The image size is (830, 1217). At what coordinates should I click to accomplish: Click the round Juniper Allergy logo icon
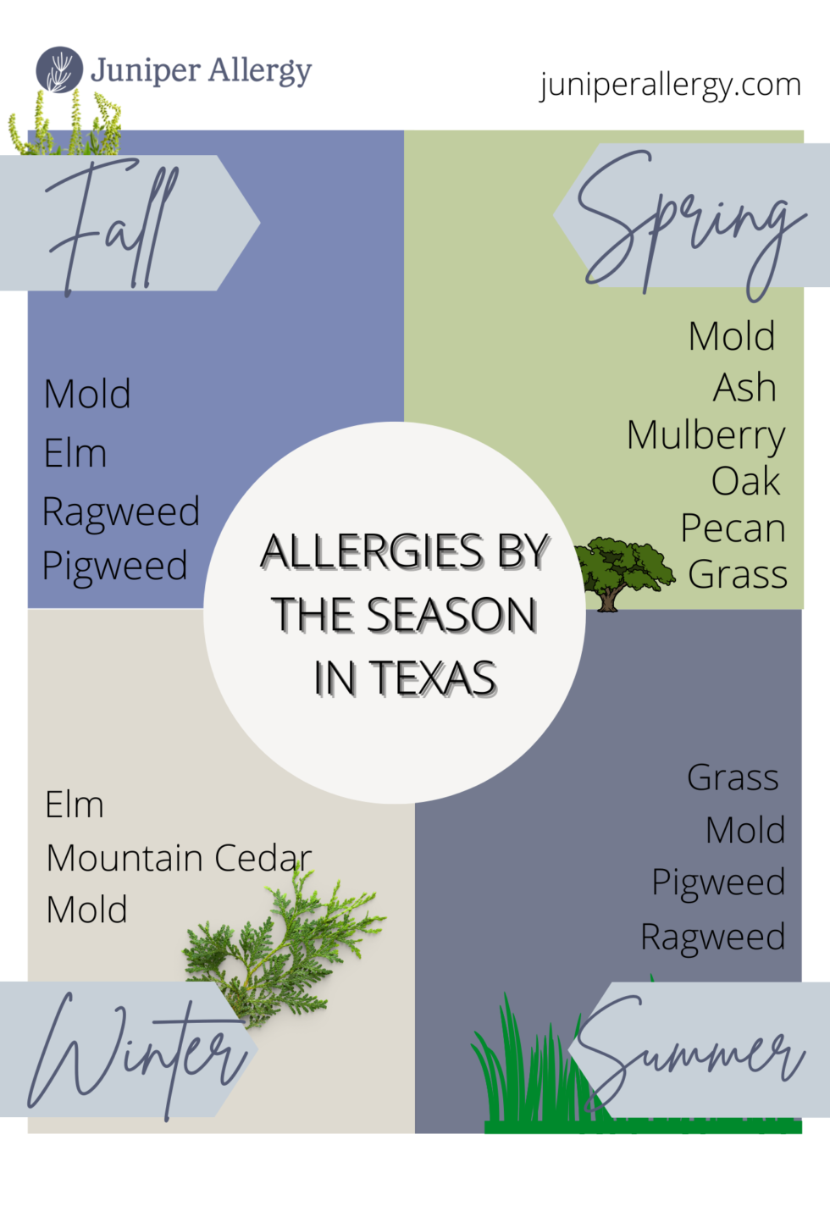pos(59,69)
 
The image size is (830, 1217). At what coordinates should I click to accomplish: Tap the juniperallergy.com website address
pos(670,85)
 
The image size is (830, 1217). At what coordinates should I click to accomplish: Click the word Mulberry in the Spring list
pos(705,435)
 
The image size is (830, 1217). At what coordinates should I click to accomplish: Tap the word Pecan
pos(733,528)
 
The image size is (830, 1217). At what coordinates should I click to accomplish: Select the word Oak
pos(745,482)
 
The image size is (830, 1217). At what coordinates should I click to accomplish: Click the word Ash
pos(744,388)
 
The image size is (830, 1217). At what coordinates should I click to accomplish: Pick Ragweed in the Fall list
pos(120,512)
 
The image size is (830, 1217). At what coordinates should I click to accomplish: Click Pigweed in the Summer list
pos(718,882)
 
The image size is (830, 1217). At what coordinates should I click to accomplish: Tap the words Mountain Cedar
pos(179,858)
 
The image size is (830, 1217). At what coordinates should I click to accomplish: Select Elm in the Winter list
pos(75,805)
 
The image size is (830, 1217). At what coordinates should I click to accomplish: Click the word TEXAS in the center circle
pos(433,678)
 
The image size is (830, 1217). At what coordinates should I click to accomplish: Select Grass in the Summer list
pos(733,777)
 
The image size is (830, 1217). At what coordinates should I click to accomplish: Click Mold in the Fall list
pos(87,394)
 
